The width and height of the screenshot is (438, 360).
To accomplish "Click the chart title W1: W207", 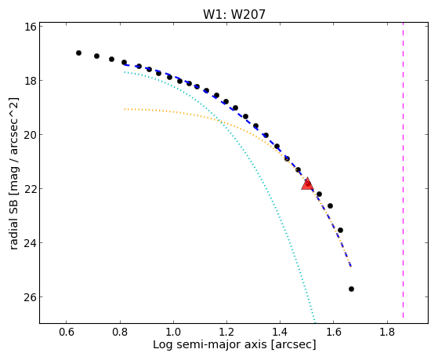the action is click(x=234, y=14).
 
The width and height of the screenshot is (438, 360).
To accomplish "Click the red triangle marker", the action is click(x=307, y=184).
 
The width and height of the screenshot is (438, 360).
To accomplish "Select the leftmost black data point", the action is click(x=79, y=53).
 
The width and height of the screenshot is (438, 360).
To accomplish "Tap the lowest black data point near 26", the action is click(x=351, y=289).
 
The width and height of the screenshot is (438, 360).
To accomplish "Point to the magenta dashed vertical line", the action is click(x=403, y=170).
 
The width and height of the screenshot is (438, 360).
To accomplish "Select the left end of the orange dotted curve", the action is click(x=125, y=109).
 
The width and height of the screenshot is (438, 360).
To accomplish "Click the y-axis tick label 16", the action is click(x=31, y=27).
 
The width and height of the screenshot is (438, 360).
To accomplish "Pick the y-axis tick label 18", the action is click(x=31, y=81).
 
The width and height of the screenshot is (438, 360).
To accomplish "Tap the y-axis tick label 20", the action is click(x=31, y=135).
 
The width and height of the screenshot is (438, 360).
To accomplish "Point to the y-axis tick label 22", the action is click(x=31, y=189).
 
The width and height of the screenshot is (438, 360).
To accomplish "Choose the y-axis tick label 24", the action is click(x=31, y=243).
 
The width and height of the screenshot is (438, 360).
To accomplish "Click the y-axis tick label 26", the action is click(x=31, y=296).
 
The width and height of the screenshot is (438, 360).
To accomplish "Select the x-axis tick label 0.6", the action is click(x=67, y=332).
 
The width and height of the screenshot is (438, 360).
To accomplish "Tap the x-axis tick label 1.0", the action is click(x=173, y=332).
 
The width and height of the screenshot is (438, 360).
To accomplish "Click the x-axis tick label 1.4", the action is click(x=281, y=332).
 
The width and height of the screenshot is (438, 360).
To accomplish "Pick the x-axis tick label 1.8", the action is click(x=387, y=332).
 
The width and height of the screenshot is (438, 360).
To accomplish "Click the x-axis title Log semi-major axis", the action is click(x=210, y=344).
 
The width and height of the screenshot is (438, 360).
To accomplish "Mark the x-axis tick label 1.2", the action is click(x=226, y=332).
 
